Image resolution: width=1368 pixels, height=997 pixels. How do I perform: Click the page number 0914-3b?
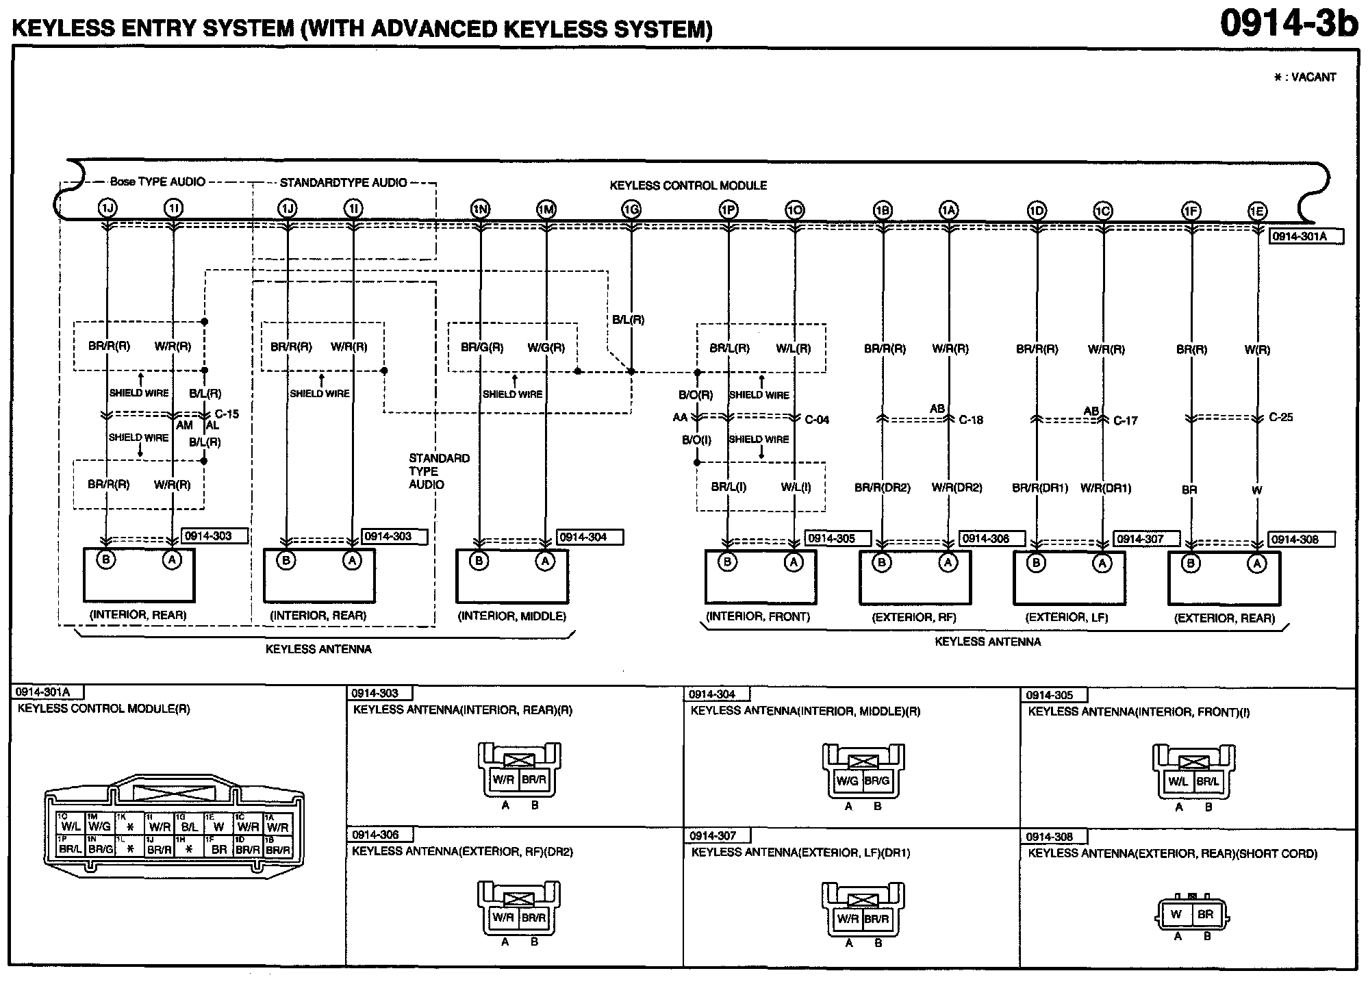click(1288, 24)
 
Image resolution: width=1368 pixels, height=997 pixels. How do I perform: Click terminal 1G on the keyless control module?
click(631, 210)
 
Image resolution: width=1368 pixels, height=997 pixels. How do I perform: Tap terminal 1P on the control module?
click(729, 210)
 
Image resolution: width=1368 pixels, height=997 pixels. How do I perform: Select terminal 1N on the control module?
click(480, 210)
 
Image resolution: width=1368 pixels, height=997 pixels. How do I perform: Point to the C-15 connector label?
click(227, 414)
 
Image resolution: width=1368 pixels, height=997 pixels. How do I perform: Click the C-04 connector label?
click(817, 420)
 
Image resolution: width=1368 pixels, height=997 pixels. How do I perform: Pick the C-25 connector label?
click(1280, 417)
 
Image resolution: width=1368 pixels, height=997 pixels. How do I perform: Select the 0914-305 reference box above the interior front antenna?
click(838, 539)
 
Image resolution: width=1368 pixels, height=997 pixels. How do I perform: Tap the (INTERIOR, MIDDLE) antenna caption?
click(511, 616)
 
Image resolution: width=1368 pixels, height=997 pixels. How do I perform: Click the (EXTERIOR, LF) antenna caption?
click(1066, 618)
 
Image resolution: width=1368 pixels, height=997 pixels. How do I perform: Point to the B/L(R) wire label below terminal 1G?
click(628, 320)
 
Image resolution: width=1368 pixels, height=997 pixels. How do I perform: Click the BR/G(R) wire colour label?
click(482, 348)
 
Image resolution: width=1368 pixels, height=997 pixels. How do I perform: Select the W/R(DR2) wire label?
click(957, 488)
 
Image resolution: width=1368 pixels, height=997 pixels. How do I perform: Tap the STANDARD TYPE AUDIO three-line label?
click(439, 471)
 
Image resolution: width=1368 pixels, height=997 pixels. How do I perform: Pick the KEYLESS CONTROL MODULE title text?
click(688, 186)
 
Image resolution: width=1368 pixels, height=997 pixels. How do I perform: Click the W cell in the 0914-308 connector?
click(1176, 914)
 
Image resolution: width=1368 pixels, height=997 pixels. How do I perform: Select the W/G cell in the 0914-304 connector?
click(847, 781)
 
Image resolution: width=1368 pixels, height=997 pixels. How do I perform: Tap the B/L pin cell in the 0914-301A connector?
click(190, 826)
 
